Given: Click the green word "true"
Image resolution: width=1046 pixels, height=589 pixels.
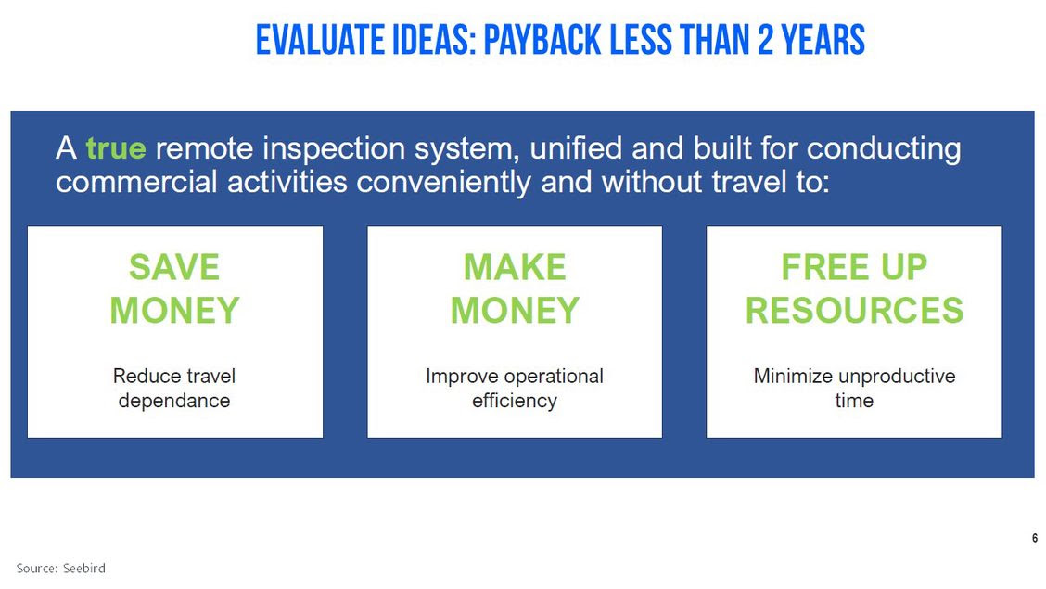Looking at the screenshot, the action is (x=115, y=148).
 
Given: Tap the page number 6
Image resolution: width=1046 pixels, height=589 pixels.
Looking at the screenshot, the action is (x=1035, y=538).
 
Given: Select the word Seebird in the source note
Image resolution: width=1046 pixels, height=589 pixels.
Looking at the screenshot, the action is (x=84, y=569).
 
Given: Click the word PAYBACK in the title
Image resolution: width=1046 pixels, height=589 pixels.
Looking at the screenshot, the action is (x=542, y=40).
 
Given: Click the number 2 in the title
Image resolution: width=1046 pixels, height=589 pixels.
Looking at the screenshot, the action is (x=765, y=40).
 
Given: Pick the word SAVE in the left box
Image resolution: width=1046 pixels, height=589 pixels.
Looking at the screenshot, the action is (x=174, y=267).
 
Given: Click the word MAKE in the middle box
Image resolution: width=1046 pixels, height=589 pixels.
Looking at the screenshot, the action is (x=515, y=267).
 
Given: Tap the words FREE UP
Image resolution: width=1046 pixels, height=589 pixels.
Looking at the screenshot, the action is (x=855, y=267).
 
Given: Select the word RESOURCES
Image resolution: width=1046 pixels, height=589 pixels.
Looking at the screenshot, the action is (x=855, y=310).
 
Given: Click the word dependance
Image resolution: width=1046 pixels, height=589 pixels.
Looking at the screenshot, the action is (x=174, y=401).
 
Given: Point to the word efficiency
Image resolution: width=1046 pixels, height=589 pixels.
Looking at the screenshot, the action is (x=515, y=401).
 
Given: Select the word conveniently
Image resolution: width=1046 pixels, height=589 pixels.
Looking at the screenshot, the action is (x=443, y=182).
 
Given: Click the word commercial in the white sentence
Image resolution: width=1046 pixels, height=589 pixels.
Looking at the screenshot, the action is (x=136, y=182).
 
